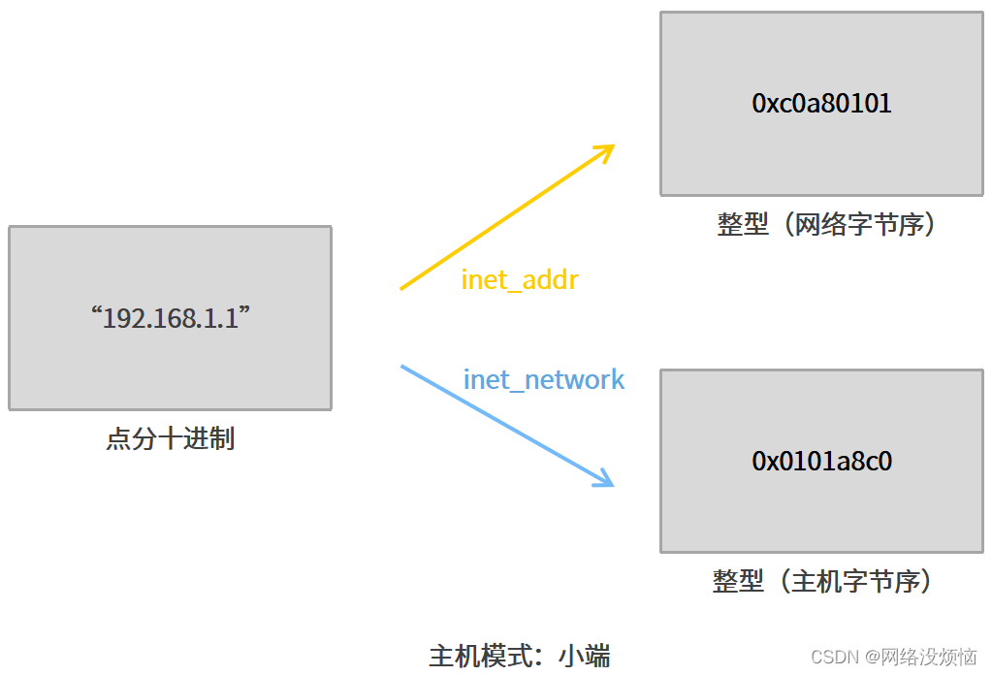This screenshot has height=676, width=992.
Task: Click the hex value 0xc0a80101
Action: [x=821, y=103]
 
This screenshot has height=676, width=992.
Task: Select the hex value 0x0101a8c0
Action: [x=821, y=461]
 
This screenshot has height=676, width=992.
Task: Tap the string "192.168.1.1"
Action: [x=170, y=318]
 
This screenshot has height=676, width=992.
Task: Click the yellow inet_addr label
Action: [x=520, y=280]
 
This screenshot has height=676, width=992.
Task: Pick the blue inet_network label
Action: [x=544, y=379]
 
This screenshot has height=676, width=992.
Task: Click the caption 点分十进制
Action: [x=170, y=438]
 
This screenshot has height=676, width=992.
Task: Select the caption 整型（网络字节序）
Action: [x=827, y=225]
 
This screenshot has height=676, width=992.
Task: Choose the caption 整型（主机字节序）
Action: [x=822, y=581]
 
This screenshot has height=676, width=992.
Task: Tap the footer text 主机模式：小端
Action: [x=519, y=656]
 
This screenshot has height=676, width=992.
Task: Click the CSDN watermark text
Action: [x=893, y=657]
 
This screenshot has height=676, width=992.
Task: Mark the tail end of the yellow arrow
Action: [x=402, y=288]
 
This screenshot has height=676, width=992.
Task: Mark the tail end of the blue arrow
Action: [x=402, y=367]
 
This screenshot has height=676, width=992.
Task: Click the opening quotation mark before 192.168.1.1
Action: [x=95, y=312]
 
